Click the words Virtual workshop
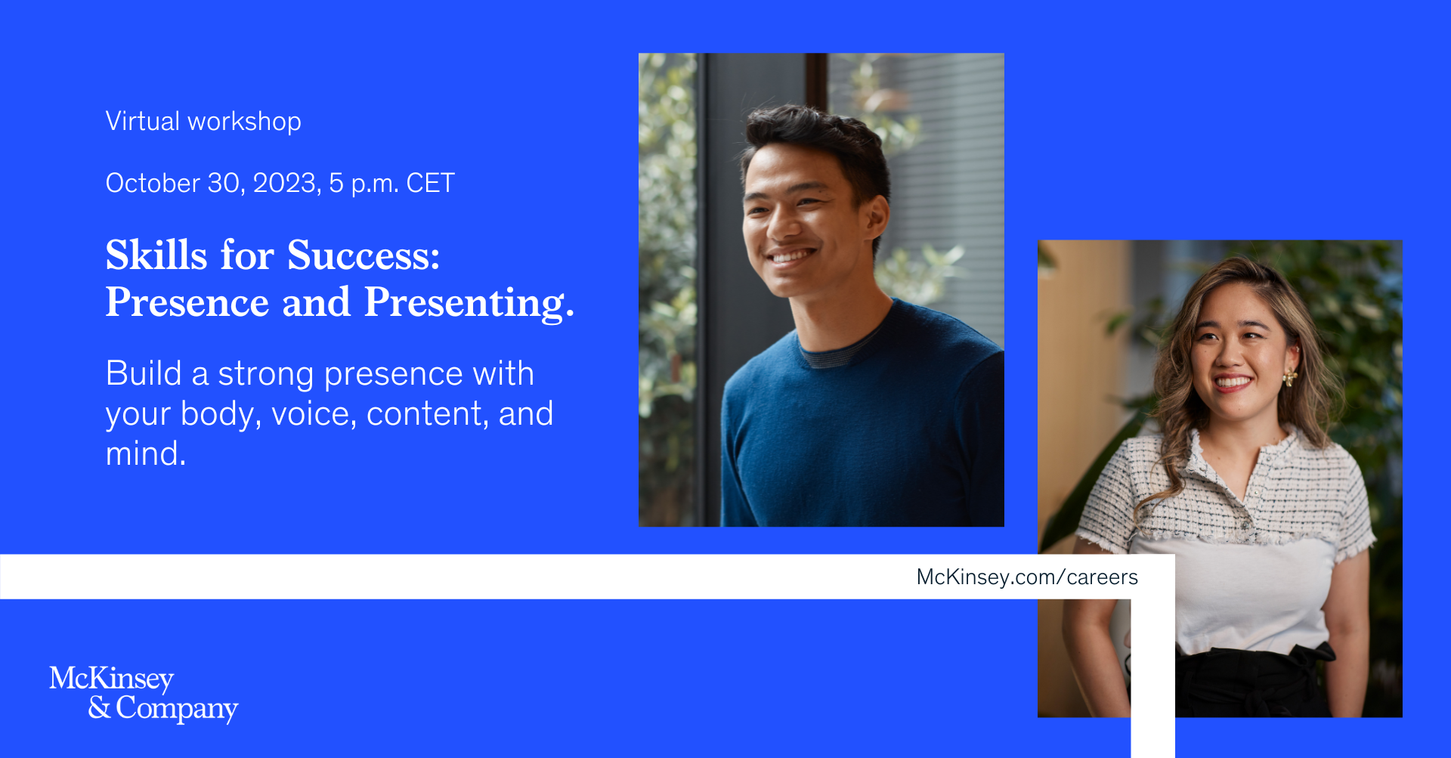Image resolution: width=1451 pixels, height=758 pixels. pos(203,121)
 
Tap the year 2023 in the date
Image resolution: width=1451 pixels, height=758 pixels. pos(286,183)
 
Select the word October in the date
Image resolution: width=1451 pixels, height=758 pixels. pos(153,183)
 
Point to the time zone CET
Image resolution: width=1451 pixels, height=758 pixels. pos(431,183)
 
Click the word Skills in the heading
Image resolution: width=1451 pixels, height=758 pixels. pos(156,255)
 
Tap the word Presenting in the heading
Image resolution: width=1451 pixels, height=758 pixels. pos(469,302)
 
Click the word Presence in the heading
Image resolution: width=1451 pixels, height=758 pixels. pos(187,302)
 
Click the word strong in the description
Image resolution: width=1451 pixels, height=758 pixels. pos(265,375)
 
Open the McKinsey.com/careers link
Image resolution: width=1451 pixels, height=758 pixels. pos(1027,577)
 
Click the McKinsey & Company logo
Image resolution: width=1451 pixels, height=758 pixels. pos(144,694)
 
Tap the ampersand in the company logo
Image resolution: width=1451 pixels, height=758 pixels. pos(99,707)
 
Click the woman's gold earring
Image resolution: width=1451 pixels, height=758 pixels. pos(1289,376)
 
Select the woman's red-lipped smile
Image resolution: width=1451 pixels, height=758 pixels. pos(1232,382)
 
